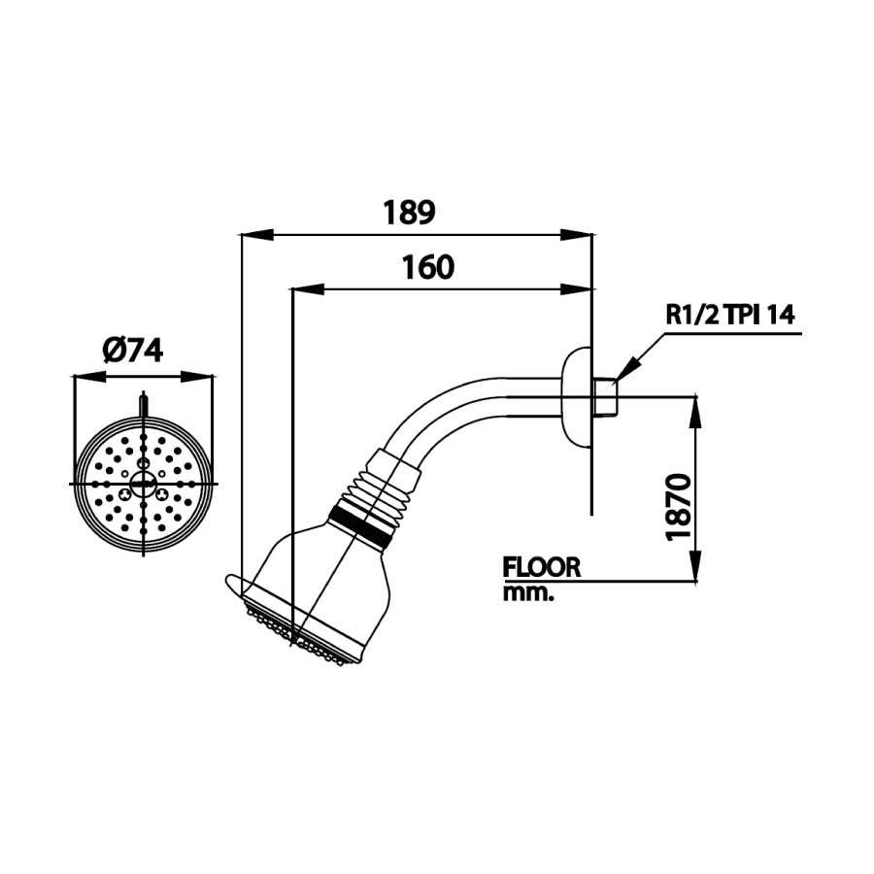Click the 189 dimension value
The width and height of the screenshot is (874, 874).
pos(408,212)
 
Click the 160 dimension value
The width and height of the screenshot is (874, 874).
pos(427,267)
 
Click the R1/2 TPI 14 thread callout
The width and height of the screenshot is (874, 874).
pos(729,315)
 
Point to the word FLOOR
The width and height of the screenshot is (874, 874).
pos(541,567)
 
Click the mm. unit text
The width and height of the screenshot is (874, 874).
pos(527,593)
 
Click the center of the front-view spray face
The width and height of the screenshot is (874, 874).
pos(144,483)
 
